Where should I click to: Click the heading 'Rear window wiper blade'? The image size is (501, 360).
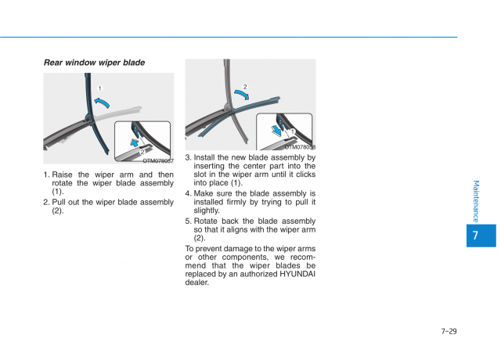point(94,63)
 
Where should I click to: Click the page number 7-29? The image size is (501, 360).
point(449,331)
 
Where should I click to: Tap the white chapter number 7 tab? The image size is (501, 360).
point(475,236)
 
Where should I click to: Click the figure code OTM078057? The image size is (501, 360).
point(158,160)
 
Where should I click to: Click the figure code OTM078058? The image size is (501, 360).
point(300,146)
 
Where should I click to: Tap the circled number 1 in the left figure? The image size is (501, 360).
point(99,88)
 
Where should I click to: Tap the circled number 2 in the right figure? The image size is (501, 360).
point(244,87)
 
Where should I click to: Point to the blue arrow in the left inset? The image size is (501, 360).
point(138,143)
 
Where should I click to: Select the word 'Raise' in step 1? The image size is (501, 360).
point(63,175)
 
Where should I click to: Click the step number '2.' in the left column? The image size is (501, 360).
point(46,202)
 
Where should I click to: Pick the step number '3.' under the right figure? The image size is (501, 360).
point(188,157)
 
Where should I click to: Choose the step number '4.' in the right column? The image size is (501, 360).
point(188,193)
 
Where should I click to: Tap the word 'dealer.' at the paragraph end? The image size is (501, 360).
point(197,283)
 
